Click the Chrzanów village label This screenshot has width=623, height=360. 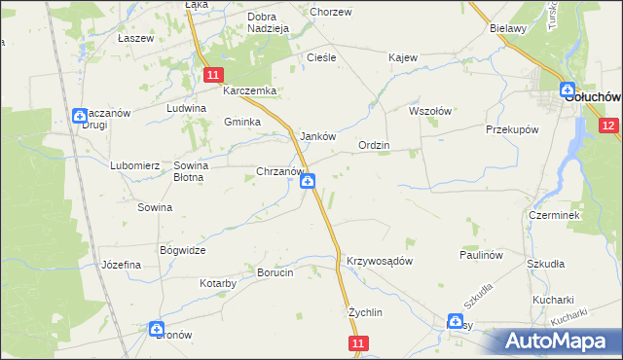pos(280,171)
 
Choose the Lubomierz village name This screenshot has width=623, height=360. pos(134,165)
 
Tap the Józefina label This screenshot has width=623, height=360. pos(122,265)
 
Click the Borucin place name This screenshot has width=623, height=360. pos(275,273)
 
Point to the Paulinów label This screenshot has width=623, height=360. pos(481,254)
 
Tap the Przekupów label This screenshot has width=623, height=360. pos(512,128)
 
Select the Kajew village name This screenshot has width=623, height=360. pos(402,57)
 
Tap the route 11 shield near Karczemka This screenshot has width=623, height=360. pos(215,74)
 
